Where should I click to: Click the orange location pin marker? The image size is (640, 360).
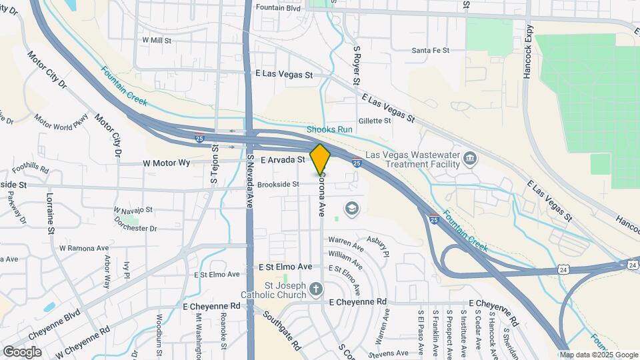(x=320, y=159)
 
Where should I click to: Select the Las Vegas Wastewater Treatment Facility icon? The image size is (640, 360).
(x=471, y=159)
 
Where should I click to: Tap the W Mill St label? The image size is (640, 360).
(x=157, y=40)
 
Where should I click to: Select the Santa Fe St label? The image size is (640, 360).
(x=431, y=50)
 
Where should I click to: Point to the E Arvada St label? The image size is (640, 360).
(x=282, y=160)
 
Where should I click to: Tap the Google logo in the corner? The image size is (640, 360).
(x=23, y=351)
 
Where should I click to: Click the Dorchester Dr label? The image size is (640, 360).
(x=135, y=228)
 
